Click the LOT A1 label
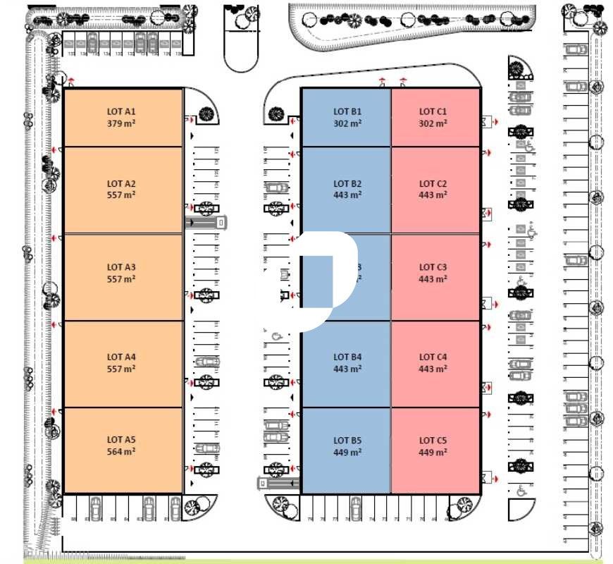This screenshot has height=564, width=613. [x=120, y=111]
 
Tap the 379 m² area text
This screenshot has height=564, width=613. [x=120, y=123]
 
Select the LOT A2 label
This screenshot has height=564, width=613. [x=120, y=184]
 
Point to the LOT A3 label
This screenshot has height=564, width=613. [x=120, y=267]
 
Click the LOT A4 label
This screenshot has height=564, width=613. [x=120, y=357]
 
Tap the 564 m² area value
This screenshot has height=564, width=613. [x=120, y=452]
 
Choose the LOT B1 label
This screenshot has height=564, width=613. [x=347, y=111]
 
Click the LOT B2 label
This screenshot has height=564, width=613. [x=347, y=184]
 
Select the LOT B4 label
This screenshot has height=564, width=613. [x=347, y=357]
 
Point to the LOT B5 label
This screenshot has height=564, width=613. [x=347, y=441]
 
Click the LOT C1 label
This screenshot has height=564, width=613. [x=433, y=111]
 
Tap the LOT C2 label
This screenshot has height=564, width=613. [x=433, y=184]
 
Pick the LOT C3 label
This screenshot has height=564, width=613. [x=433, y=267]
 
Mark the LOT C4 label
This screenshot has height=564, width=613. [x=433, y=357]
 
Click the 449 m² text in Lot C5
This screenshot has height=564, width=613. [x=433, y=453]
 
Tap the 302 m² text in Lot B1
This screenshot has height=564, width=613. [x=347, y=123]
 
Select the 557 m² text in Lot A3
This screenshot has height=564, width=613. [x=120, y=279]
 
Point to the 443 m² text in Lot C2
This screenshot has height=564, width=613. [x=433, y=195]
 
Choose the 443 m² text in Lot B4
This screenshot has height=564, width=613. [x=347, y=369]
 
